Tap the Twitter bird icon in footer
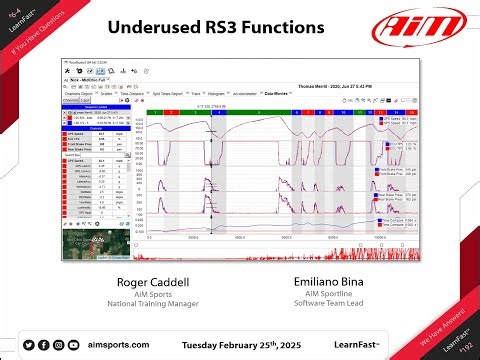coord(29,345)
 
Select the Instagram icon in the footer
coord(60,345)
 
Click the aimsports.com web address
coord(118,345)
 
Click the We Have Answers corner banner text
coord(440,332)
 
